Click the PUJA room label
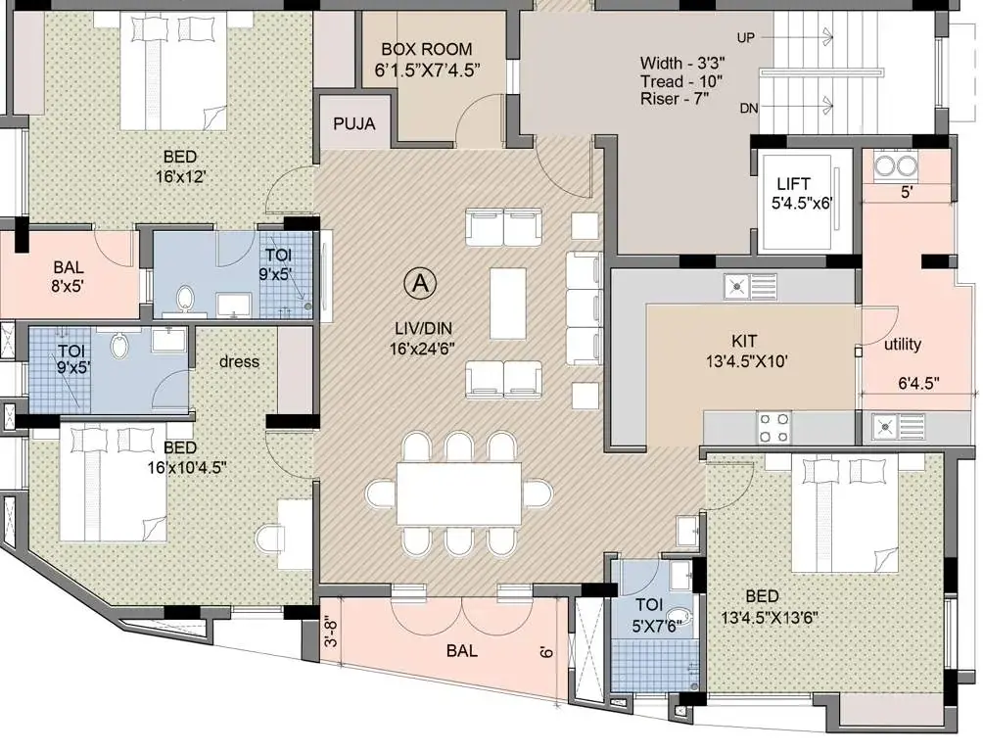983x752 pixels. tap(354, 124)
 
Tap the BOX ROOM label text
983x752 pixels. tap(426, 49)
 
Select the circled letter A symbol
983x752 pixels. tap(420, 284)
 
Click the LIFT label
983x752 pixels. tap(793, 184)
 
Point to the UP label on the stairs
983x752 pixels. tap(746, 38)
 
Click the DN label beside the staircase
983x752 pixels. tap(749, 109)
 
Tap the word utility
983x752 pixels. tap(903, 345)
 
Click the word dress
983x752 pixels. tap(240, 362)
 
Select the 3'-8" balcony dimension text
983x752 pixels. tap(332, 634)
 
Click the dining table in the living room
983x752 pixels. tap(459, 493)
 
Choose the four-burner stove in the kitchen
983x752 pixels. tap(774, 428)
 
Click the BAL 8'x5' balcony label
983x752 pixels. tap(69, 277)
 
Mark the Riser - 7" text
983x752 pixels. tap(674, 99)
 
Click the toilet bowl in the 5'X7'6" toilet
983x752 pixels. tap(677, 617)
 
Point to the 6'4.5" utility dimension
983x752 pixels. tap(918, 383)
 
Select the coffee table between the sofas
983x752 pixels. tap(508, 304)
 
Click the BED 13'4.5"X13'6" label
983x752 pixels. tap(770, 606)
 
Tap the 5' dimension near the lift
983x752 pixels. tap(907, 193)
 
